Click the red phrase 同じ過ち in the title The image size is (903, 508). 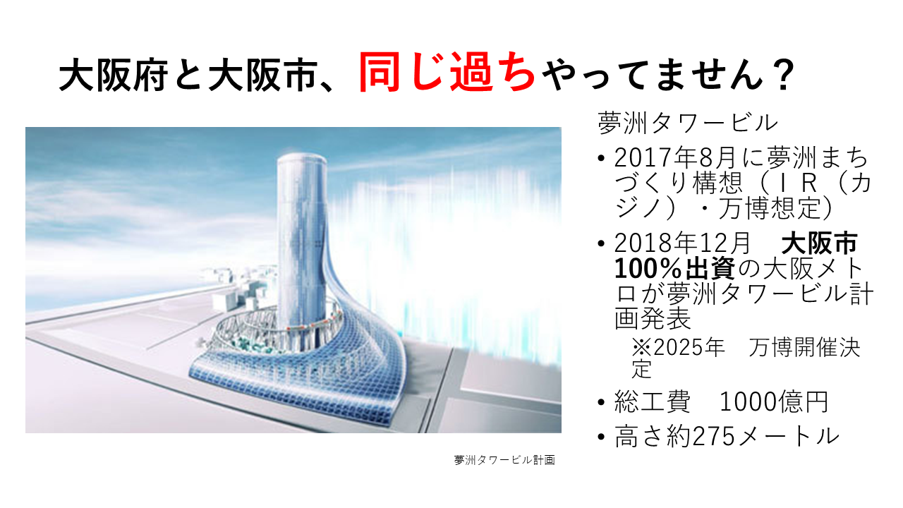click(x=447, y=73)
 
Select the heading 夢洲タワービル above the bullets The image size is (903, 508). click(x=687, y=123)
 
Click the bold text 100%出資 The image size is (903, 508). click(x=674, y=269)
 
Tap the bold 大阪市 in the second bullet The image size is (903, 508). click(x=818, y=243)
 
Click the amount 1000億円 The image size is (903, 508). click(x=774, y=402)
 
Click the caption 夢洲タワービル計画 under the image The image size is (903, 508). click(x=504, y=460)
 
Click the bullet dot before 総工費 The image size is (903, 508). click(x=602, y=402)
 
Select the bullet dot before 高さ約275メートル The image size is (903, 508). click(x=602, y=437)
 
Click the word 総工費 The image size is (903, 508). click(x=652, y=402)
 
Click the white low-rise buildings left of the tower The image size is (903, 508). click(x=238, y=286)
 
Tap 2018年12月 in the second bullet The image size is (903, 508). click(x=682, y=243)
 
